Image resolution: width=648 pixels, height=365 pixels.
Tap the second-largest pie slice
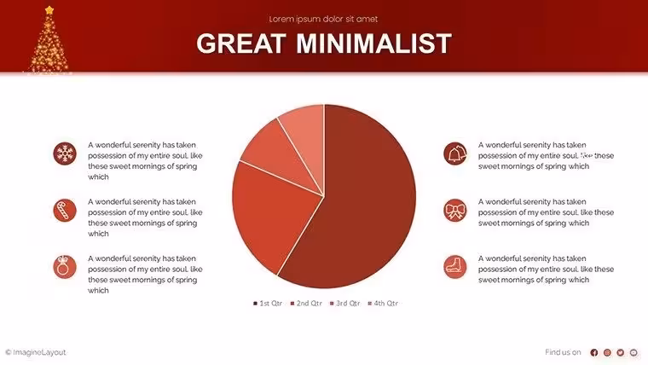[273, 215]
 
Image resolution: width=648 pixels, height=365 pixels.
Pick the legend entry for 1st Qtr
[268, 304]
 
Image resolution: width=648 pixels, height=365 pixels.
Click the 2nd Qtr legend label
[306, 304]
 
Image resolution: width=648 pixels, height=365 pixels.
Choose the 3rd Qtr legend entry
[345, 304]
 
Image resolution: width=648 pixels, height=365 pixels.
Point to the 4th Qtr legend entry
[383, 304]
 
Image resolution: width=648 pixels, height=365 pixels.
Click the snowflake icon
[65, 154]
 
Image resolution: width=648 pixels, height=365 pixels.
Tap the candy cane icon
[65, 210]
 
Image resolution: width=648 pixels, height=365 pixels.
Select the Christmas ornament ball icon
[65, 267]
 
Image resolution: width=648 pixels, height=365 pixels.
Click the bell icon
[455, 154]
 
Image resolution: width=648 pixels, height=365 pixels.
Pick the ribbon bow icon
[455, 210]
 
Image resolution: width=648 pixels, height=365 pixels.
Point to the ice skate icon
[455, 267]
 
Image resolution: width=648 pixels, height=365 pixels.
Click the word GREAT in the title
[241, 43]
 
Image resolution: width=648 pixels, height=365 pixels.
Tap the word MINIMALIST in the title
[374, 43]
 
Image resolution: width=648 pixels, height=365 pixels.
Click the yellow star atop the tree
[49, 10]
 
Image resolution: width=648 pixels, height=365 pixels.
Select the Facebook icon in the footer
[594, 352]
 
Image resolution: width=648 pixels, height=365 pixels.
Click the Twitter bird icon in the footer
[621, 352]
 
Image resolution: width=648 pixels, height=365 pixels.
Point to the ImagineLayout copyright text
[36, 352]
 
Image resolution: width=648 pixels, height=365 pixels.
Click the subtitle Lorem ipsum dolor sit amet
[323, 19]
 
